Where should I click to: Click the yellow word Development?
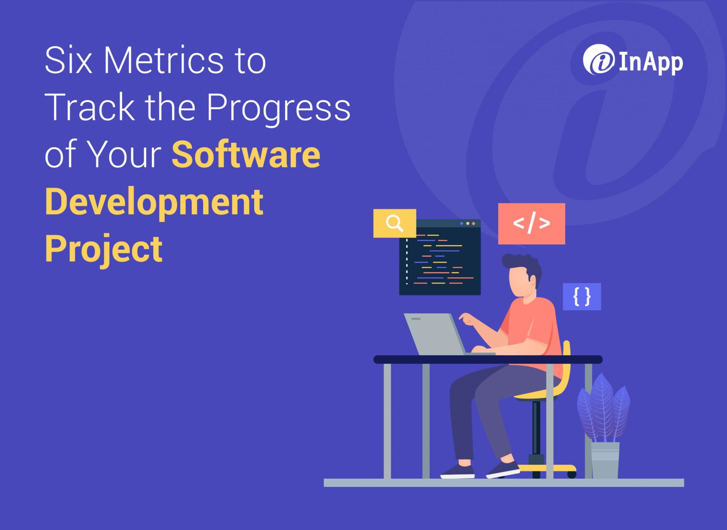coord(154,202)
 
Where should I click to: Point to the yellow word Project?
coord(104,249)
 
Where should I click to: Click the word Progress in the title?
coord(278,107)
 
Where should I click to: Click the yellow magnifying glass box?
coord(394,223)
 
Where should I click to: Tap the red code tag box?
coord(531,223)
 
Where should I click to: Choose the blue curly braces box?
coord(582,297)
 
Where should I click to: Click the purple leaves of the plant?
coord(603,408)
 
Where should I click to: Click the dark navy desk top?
coord(488,359)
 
